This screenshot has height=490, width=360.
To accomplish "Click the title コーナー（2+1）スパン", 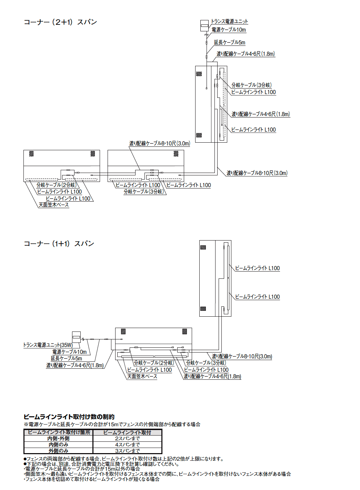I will click(x=60, y=22).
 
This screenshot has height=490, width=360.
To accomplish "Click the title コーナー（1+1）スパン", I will click(x=59, y=244).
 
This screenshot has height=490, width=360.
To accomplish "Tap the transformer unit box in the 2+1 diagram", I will click(x=204, y=25).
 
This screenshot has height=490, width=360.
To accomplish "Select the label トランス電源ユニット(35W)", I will click(x=48, y=345).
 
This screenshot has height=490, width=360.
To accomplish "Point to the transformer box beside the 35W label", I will click(x=76, y=337).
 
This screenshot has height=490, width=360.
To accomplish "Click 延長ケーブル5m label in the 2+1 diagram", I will click(x=229, y=42).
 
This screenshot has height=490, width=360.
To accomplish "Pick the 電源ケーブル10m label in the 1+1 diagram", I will click(x=69, y=352).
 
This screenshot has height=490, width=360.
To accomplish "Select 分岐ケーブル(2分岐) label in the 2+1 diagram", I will click(x=56, y=185).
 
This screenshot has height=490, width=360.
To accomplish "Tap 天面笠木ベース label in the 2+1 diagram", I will click(x=53, y=205).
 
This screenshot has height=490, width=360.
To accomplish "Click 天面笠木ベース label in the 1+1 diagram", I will click(x=142, y=376).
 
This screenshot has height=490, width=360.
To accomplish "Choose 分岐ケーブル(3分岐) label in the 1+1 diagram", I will click(x=206, y=363).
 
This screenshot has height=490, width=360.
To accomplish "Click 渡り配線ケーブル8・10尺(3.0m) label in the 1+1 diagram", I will click(x=242, y=356).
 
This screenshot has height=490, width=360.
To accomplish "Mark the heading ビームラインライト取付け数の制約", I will click(x=69, y=417).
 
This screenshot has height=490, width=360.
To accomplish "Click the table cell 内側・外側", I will click(x=58, y=439).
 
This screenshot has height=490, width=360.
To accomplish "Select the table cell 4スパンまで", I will click(x=127, y=445).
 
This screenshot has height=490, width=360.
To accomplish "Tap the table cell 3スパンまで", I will click(x=127, y=451).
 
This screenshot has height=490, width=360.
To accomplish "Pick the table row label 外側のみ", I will click(x=58, y=451).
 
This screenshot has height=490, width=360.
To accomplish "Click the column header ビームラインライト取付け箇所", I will click(x=59, y=432).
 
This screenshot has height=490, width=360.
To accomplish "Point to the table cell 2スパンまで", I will click(x=127, y=439).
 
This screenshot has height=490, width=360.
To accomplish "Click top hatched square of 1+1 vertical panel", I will click(x=203, y=247).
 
